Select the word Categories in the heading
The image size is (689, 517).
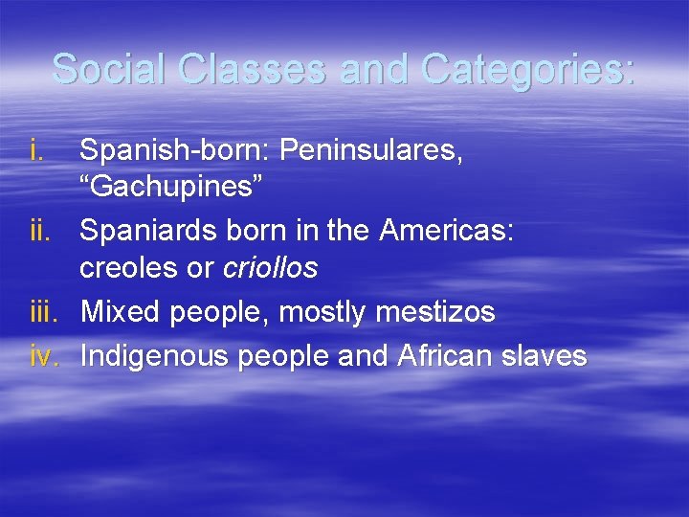(x=526, y=70)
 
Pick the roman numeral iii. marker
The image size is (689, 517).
(x=44, y=312)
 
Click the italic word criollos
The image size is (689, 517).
(x=270, y=269)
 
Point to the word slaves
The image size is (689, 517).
(x=548, y=356)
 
